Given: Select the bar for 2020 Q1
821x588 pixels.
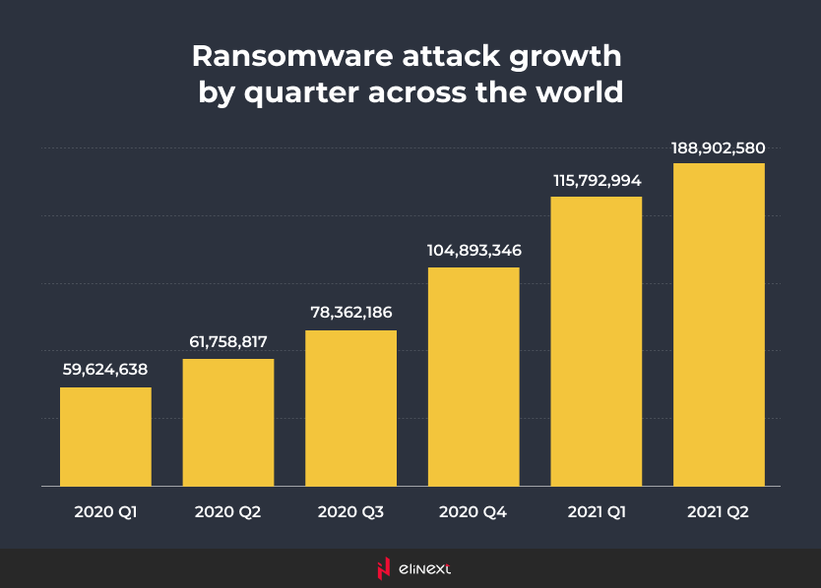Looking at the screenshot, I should [105, 436].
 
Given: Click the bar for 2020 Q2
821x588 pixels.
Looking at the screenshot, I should [228, 422].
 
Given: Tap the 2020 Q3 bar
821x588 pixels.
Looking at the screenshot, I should [350, 407].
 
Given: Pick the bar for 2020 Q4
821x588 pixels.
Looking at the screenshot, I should [474, 376].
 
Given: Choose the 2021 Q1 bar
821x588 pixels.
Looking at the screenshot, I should [596, 340].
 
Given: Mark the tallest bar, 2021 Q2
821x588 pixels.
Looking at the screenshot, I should [719, 323].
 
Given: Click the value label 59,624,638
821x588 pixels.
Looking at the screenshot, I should [105, 371].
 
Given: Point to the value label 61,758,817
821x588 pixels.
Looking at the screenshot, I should [228, 342].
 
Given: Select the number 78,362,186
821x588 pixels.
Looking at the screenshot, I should [350, 314].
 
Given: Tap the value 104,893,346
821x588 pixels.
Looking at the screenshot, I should [474, 251].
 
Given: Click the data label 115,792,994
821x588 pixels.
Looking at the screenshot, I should [596, 180].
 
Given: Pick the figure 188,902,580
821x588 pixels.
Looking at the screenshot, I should [719, 147].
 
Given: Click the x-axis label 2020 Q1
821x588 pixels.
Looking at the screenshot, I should [105, 512].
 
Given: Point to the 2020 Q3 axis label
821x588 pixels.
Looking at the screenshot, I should [350, 512].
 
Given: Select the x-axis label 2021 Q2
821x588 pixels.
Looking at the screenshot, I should [719, 512].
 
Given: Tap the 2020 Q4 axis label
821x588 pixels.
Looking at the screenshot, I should [474, 512].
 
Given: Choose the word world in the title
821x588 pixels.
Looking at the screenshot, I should [580, 92].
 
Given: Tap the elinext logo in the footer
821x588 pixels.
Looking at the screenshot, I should [410, 568].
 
